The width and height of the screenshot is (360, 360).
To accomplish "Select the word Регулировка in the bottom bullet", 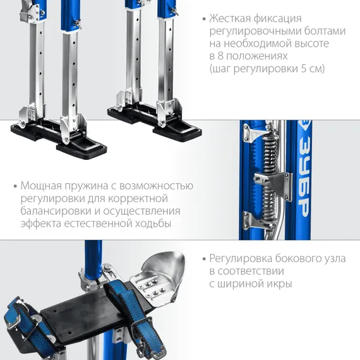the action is coord(241,259).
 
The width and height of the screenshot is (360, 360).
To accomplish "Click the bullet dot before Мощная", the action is coord(15,186).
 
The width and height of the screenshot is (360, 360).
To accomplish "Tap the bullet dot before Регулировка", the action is coord(205,259).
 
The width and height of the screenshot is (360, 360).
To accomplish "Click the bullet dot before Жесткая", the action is coord(205,19).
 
